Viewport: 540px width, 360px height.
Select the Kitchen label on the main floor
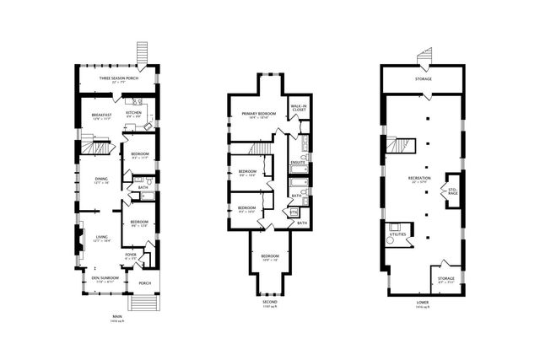click(x=133, y=112)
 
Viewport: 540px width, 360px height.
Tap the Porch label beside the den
click(x=144, y=283)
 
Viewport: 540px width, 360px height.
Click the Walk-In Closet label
click(x=298, y=107)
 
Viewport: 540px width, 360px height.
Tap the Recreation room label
click(x=419, y=179)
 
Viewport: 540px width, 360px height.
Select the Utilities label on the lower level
click(x=397, y=234)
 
